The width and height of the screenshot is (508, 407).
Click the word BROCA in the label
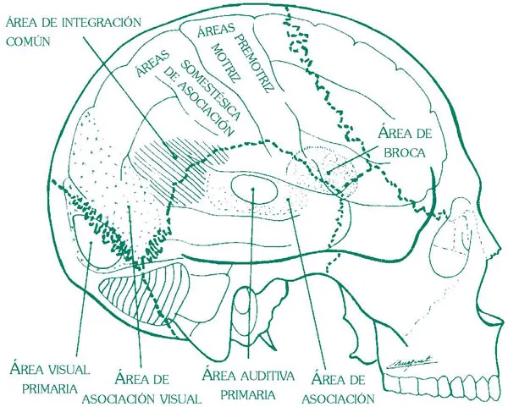tap(401, 154)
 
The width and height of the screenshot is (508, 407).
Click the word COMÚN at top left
tap(29, 39)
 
